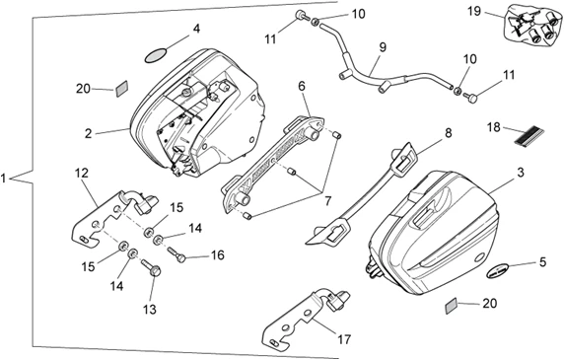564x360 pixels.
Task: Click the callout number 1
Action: click(4, 178)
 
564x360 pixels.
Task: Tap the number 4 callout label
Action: click(196, 29)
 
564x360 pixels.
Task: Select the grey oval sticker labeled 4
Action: click(156, 55)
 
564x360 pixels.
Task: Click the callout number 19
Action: click(475, 11)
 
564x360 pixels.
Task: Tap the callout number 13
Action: click(150, 310)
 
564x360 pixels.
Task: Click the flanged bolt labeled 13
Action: click(152, 267)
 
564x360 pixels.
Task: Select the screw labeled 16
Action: click(176, 253)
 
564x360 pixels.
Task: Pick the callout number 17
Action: click(344, 339)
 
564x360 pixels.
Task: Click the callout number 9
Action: click(382, 47)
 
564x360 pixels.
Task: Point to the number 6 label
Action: click(302, 86)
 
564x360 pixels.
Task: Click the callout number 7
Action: click(327, 201)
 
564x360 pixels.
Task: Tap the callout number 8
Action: click(449, 133)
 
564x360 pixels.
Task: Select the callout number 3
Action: click(521, 173)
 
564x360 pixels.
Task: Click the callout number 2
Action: click(88, 133)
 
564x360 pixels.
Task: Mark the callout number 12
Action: click(81, 173)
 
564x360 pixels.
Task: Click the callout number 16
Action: click(217, 255)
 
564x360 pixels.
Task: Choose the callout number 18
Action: click(494, 127)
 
